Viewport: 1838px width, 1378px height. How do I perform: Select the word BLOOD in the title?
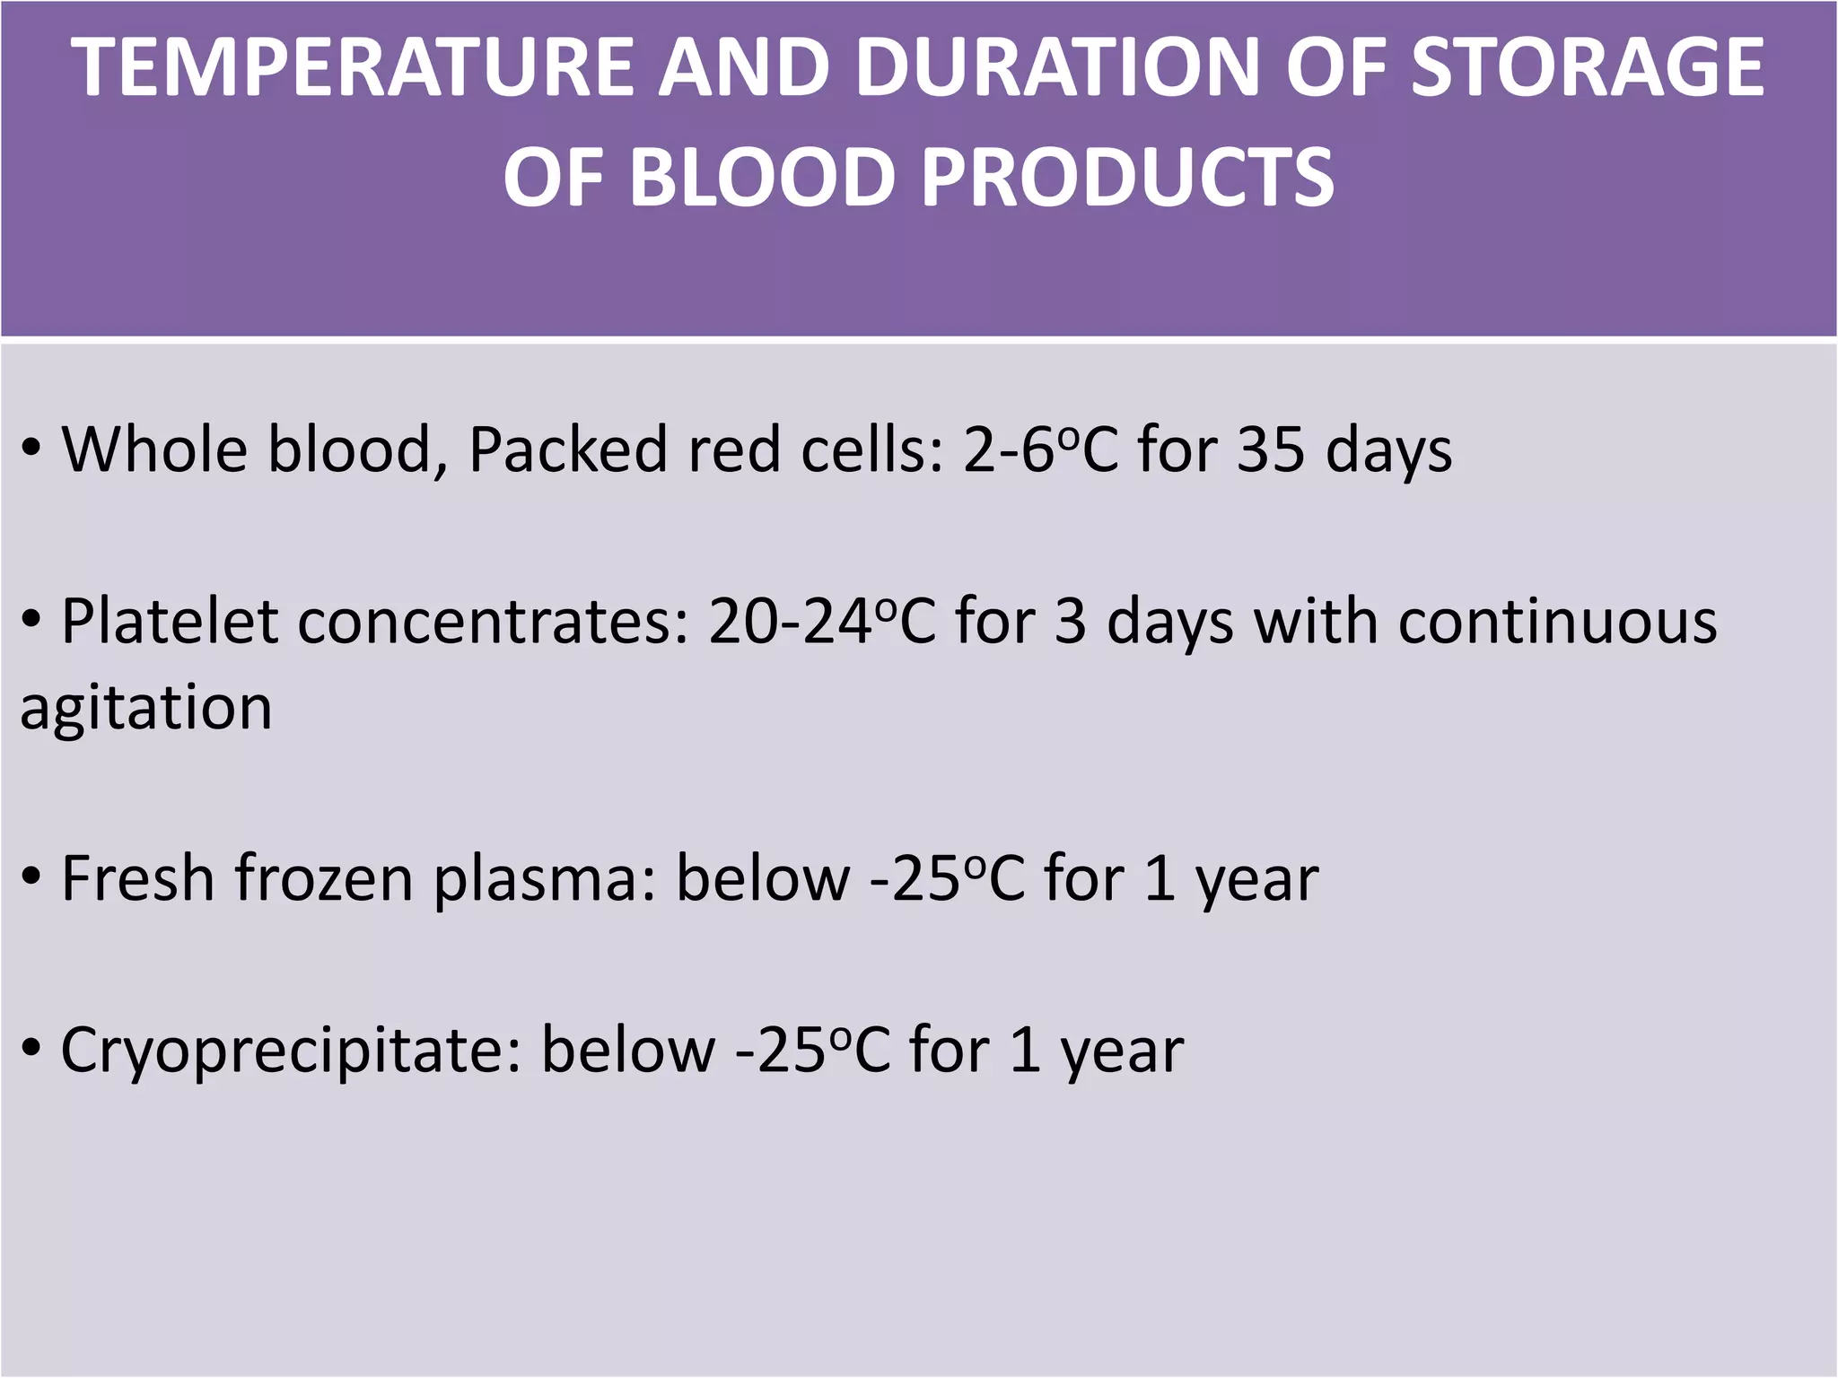pos(767,176)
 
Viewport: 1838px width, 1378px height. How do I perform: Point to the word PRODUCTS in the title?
pos(1128,176)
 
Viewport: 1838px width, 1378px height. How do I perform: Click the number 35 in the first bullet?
pos(1271,449)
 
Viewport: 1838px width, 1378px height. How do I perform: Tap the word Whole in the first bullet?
pos(154,449)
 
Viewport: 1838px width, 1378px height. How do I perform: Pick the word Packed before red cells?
pos(567,449)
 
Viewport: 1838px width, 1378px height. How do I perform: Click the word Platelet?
pos(169,622)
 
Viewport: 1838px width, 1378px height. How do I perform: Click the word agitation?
pos(145,708)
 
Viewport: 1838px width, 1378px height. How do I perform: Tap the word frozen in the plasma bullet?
pos(324,878)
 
